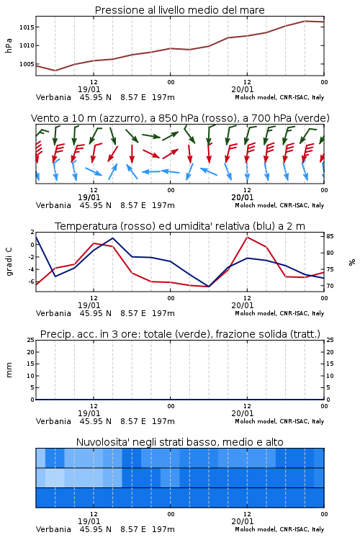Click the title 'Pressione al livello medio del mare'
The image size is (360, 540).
click(x=179, y=10)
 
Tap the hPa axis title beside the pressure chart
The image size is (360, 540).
click(x=9, y=45)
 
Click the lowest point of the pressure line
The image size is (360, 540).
click(x=55, y=71)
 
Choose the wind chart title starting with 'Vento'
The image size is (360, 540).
click(x=180, y=118)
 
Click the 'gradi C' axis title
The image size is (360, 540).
click(x=9, y=261)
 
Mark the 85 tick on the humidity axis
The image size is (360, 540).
click(x=330, y=236)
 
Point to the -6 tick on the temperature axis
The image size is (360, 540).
click(x=32, y=282)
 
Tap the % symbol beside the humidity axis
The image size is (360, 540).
click(x=352, y=262)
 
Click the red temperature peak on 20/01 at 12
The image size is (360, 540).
click(x=247, y=237)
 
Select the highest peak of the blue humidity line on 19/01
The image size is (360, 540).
click(x=112, y=238)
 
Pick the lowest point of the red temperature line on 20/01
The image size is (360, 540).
click(x=209, y=287)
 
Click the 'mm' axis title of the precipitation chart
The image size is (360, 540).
click(x=9, y=369)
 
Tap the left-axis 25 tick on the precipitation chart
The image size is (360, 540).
click(x=31, y=341)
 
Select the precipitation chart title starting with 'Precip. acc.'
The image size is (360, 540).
click(x=180, y=334)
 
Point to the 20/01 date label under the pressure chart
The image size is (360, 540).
click(x=243, y=89)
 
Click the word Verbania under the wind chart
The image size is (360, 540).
click(x=53, y=205)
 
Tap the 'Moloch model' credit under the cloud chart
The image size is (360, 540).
click(x=256, y=529)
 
